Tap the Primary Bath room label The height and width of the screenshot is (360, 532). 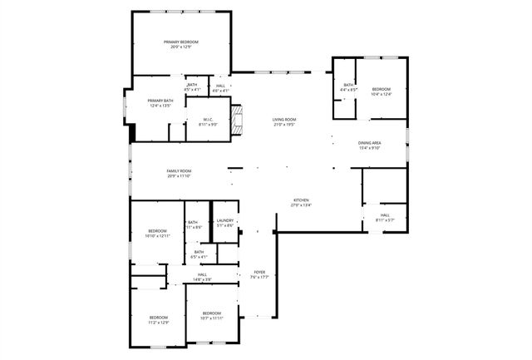(x=137, y=103)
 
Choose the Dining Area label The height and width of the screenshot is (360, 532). (x=369, y=145)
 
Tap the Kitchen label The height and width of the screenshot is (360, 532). (x=301, y=203)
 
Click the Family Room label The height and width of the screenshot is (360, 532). (x=179, y=173)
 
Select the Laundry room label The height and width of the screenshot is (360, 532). (x=225, y=223)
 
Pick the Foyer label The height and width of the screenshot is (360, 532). (x=259, y=274)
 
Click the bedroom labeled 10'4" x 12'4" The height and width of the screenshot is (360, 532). (x=381, y=91)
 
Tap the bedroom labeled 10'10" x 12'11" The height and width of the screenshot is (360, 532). (x=158, y=234)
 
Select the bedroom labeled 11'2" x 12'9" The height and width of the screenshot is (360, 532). (x=158, y=319)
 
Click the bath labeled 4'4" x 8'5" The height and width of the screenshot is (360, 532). (x=349, y=87)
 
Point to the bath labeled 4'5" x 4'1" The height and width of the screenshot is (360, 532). (x=192, y=87)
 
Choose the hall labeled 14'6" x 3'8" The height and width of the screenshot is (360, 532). (x=202, y=277)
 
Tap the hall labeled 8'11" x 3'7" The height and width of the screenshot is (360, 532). (x=385, y=218)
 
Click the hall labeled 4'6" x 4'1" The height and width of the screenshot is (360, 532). (x=220, y=87)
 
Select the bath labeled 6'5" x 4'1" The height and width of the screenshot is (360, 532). (x=199, y=254)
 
